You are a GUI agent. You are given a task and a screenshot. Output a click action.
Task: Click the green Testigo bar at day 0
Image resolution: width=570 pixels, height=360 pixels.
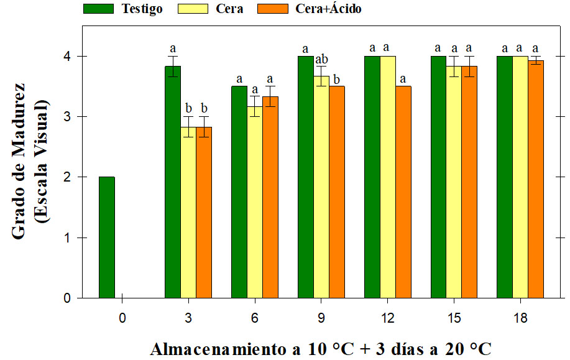107,238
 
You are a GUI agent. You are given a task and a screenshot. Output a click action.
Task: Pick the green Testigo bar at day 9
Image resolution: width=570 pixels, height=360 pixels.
305,177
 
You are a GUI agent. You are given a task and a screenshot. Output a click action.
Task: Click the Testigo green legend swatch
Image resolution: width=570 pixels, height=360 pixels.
98,9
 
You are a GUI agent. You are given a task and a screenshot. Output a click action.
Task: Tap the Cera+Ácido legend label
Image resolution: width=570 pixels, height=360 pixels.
328,9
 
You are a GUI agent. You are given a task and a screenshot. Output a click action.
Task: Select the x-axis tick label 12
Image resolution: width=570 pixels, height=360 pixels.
388,318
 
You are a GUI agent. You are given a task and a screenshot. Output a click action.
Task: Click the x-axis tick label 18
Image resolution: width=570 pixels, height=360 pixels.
520,318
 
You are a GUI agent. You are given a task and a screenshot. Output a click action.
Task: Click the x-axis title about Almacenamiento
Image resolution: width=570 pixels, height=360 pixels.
320,348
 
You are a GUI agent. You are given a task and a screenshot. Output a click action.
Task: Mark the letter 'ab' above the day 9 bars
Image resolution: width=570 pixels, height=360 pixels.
321,60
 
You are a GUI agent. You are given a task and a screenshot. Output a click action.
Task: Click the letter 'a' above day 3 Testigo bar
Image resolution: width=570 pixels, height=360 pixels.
173,48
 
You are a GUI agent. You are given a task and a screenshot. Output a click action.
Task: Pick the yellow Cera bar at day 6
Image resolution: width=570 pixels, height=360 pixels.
255,202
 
